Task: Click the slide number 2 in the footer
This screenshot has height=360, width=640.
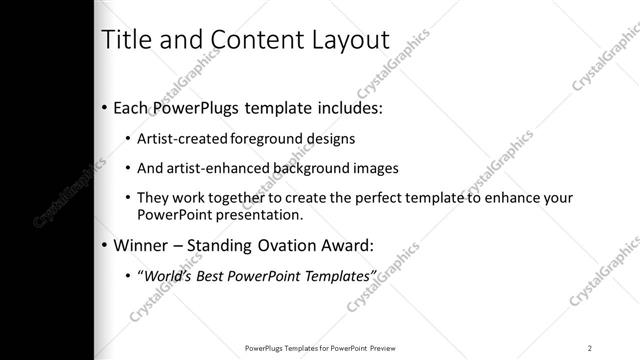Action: click(x=590, y=347)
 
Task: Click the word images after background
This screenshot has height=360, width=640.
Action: click(x=370, y=168)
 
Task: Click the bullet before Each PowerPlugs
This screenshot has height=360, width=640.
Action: click(x=106, y=105)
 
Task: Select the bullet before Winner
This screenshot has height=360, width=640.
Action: click(x=106, y=244)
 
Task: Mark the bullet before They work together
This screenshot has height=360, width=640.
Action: click(x=127, y=199)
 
